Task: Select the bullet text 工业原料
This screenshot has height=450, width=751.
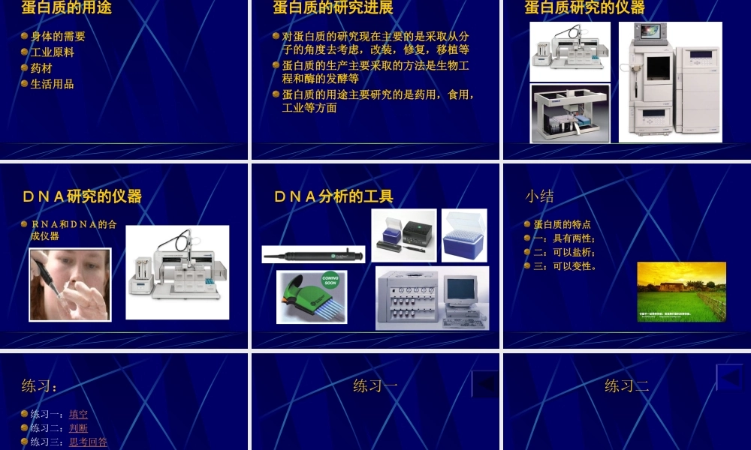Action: pyautogui.click(x=52, y=52)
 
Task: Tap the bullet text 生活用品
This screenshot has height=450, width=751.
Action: pyautogui.click(x=52, y=84)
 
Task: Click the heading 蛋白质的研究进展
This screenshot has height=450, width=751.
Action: pyautogui.click(x=333, y=8)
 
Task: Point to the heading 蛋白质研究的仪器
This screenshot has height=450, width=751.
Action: pyautogui.click(x=584, y=8)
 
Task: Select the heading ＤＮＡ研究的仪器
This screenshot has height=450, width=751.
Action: pyautogui.click(x=82, y=196)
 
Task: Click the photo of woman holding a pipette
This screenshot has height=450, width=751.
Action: pyautogui.click(x=70, y=284)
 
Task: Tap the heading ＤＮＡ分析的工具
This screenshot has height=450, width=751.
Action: pyautogui.click(x=333, y=196)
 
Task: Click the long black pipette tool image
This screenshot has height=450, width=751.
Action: pyautogui.click(x=313, y=254)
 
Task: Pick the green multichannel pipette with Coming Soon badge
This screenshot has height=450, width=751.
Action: pyautogui.click(x=312, y=297)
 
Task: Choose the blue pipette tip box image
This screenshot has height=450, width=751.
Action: pyautogui.click(x=464, y=235)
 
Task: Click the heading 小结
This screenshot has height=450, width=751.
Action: pyautogui.click(x=539, y=196)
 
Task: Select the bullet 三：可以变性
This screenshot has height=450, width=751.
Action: pyautogui.click(x=565, y=265)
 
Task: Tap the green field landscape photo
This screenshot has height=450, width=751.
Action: pyautogui.click(x=681, y=291)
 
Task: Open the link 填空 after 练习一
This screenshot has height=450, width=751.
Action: pyautogui.click(x=78, y=414)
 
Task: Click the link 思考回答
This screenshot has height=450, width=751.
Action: pyautogui.click(x=88, y=442)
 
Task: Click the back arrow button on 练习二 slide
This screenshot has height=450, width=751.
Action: pyautogui.click(x=728, y=378)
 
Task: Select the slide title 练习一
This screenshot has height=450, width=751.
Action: pyautogui.click(x=375, y=386)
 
